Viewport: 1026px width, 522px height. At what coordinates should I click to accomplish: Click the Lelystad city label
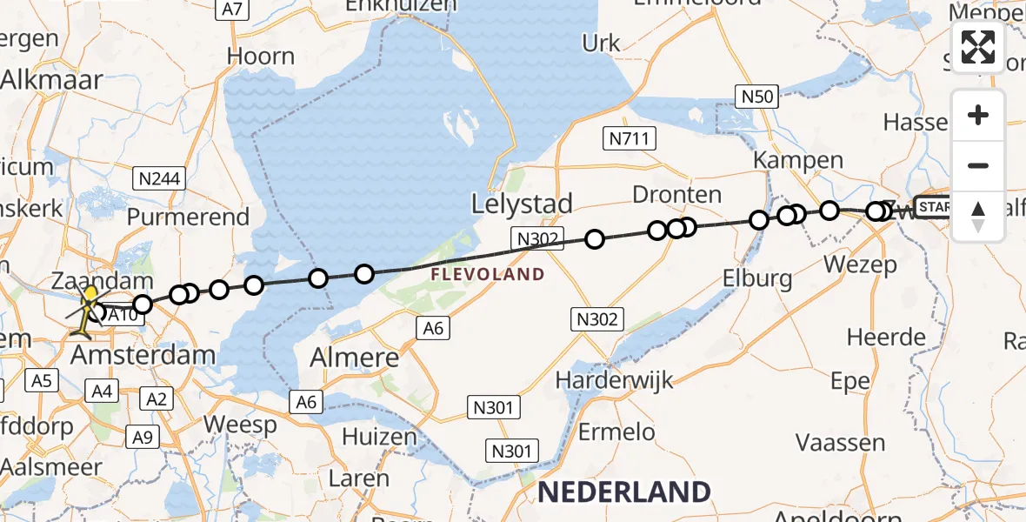[x=522, y=204]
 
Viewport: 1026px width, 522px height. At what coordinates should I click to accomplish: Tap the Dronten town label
[x=677, y=195]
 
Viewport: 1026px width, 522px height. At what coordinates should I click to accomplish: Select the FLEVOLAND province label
[x=486, y=275]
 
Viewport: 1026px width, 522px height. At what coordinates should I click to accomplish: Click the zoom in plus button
[x=978, y=116]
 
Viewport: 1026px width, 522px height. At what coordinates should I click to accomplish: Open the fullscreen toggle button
[x=978, y=47]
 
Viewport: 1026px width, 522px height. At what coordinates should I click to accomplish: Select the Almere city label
[x=357, y=358]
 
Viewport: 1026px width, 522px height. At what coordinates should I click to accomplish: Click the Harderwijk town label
[x=616, y=380]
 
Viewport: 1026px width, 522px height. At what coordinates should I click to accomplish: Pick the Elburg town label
[x=757, y=278]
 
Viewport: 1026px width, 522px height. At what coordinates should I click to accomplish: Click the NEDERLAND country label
[x=623, y=492]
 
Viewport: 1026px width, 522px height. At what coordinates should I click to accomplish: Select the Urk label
[x=602, y=43]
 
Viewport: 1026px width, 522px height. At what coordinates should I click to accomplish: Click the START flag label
[x=933, y=206]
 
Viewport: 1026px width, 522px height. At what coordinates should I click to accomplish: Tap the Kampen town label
[x=798, y=160]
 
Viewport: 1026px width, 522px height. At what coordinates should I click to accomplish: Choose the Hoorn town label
[x=261, y=57]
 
